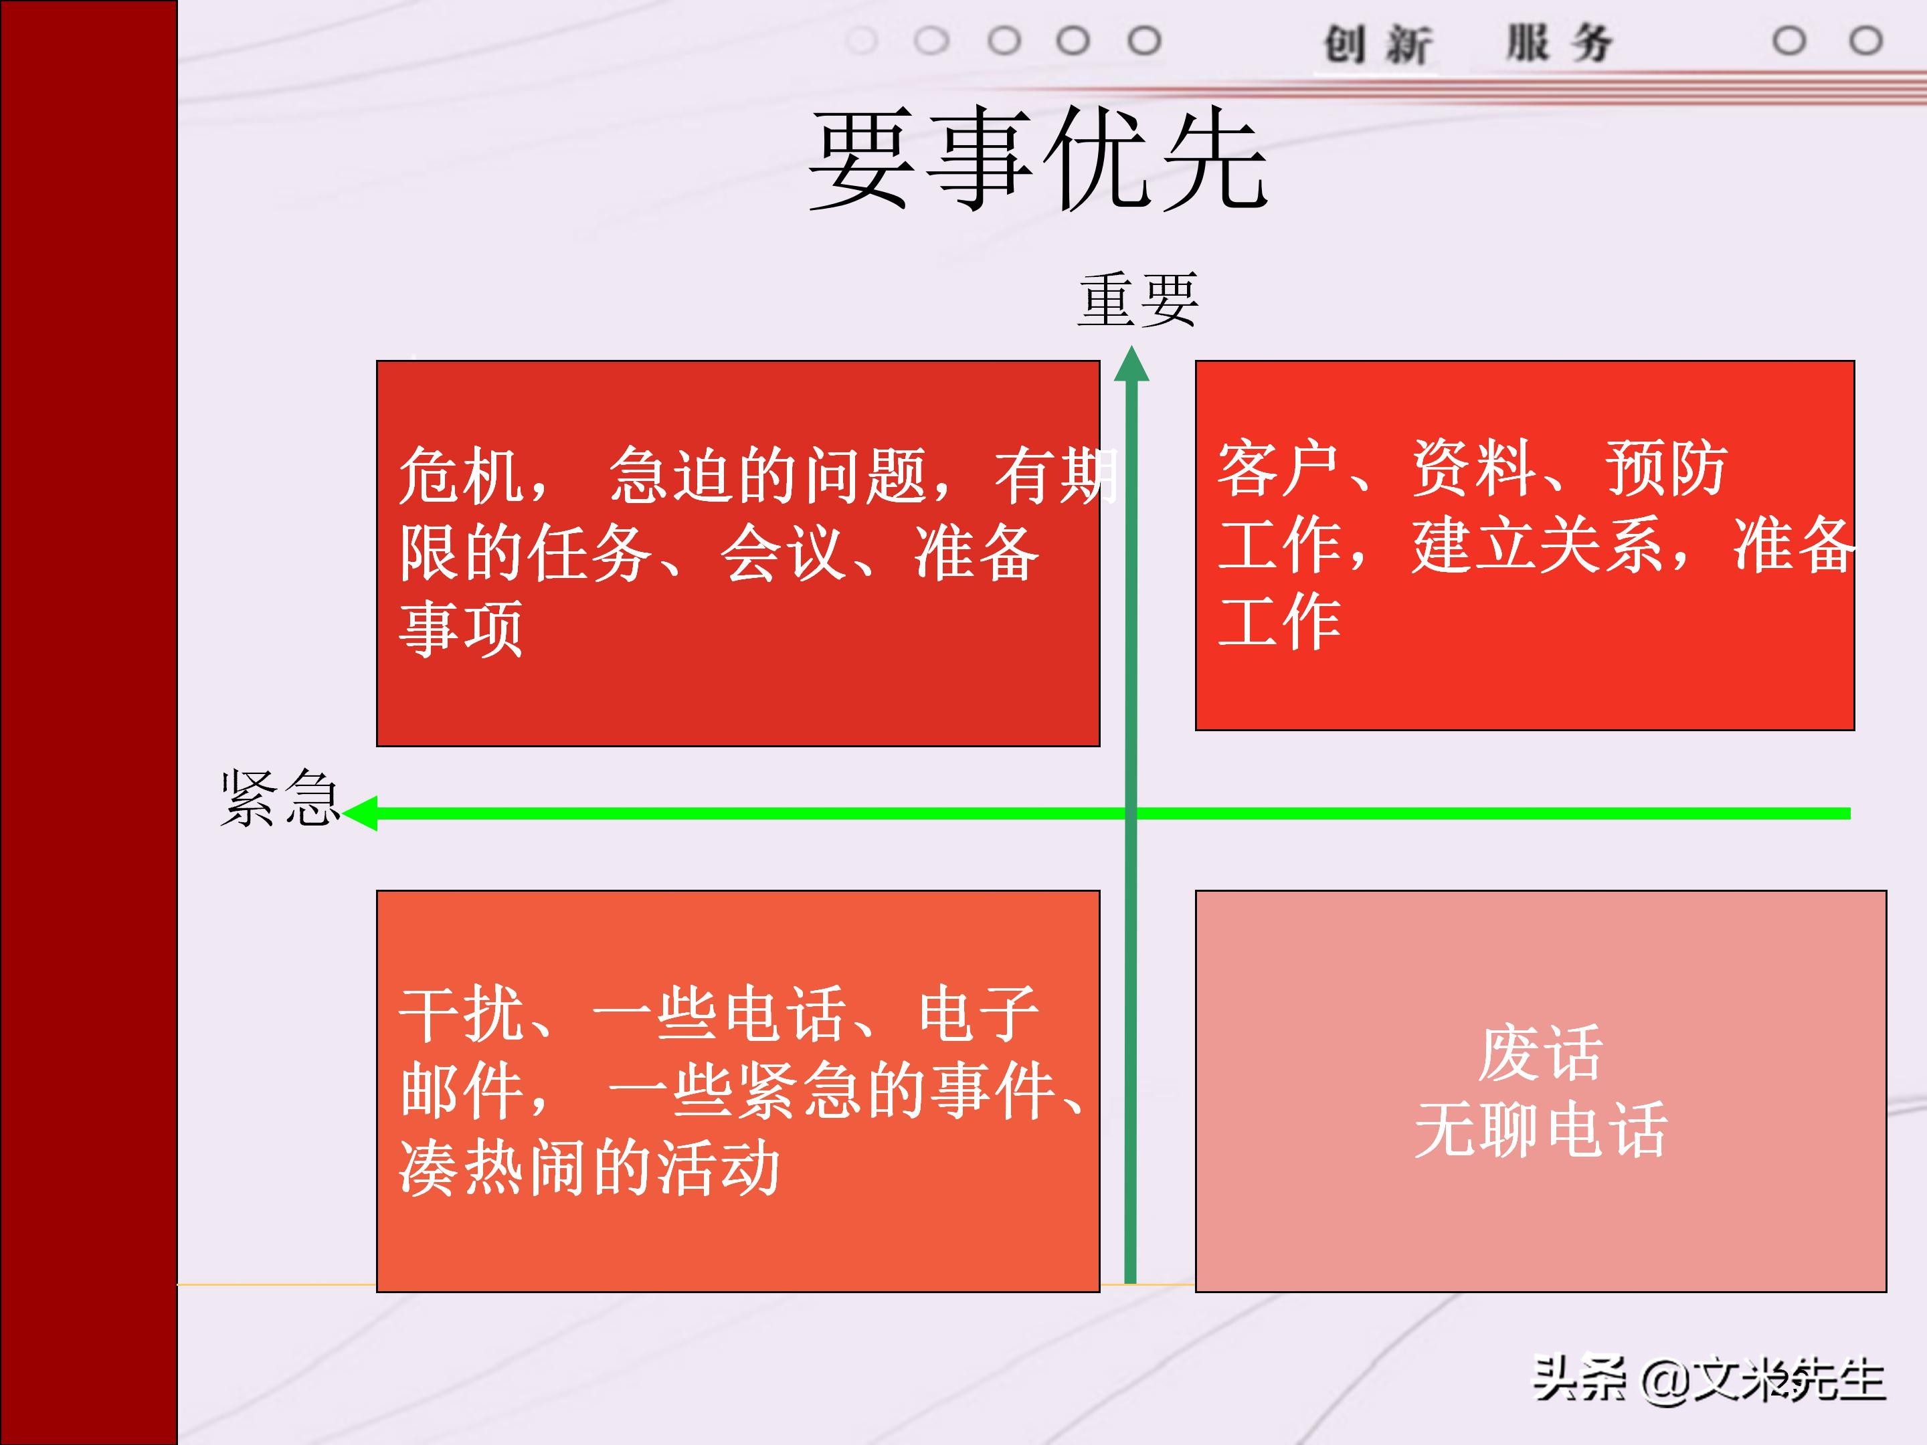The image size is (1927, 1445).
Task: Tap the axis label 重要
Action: pos(1137,300)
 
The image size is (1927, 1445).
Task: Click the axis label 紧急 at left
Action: pos(279,798)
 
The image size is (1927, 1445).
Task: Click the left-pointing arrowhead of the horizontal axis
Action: pos(361,813)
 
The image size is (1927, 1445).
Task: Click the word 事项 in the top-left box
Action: pos(460,629)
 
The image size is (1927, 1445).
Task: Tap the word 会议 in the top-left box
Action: pos(782,553)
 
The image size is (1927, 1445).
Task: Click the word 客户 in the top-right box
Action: pos(1278,468)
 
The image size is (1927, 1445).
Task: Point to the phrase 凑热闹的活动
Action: pos(589,1168)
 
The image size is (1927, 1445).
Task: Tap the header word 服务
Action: pos(1560,43)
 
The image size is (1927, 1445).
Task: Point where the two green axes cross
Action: pos(1131,813)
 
